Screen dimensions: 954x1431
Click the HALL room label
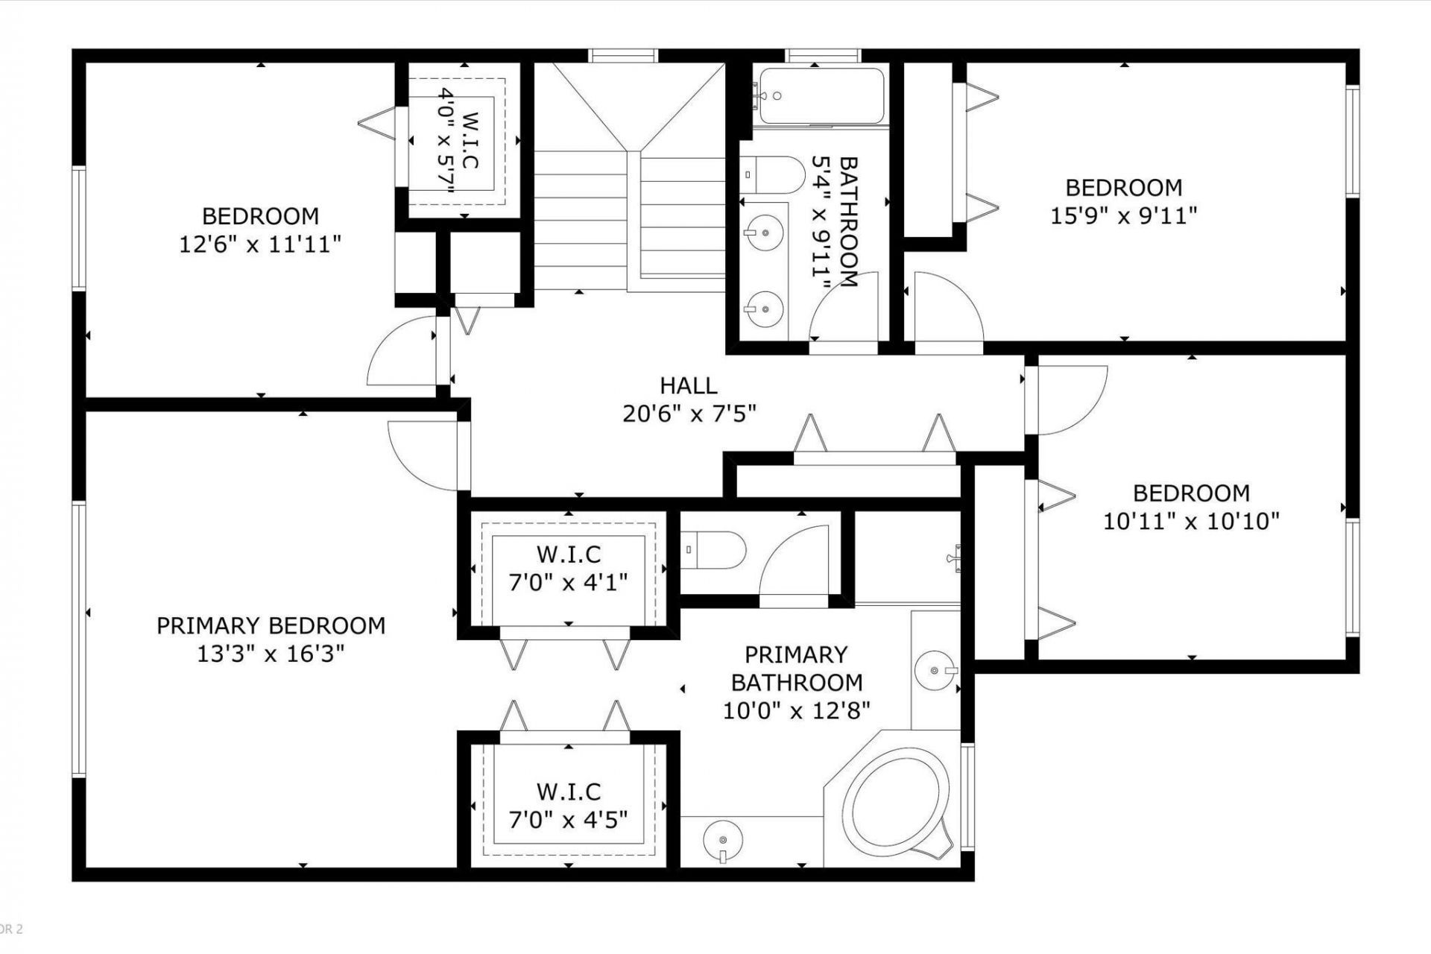(x=689, y=385)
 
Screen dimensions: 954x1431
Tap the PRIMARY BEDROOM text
(x=271, y=625)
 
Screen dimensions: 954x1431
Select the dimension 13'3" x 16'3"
(x=271, y=654)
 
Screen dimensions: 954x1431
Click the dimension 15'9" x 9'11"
(x=1124, y=216)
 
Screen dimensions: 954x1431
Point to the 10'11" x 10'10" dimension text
(x=1191, y=521)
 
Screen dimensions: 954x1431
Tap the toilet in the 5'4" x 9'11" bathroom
(x=774, y=175)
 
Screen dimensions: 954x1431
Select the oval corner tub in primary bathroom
(x=898, y=801)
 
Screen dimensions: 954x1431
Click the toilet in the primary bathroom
(x=713, y=550)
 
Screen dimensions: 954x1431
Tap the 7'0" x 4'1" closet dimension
(x=569, y=582)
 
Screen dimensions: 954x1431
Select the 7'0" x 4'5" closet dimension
(x=569, y=820)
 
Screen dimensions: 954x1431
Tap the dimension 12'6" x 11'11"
(x=260, y=244)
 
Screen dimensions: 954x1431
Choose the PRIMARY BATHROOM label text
(x=796, y=669)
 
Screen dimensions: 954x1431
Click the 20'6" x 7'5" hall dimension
(x=689, y=414)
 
